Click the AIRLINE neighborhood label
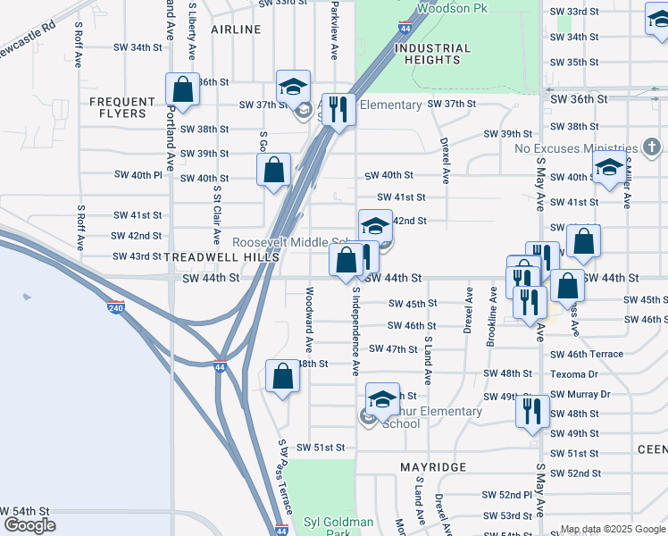236,29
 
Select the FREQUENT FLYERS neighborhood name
118,107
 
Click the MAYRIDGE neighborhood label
433,467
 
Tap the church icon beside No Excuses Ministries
652,147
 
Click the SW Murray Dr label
580,394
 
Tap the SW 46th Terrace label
587,354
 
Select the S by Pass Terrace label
285,473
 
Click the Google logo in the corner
29,525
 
